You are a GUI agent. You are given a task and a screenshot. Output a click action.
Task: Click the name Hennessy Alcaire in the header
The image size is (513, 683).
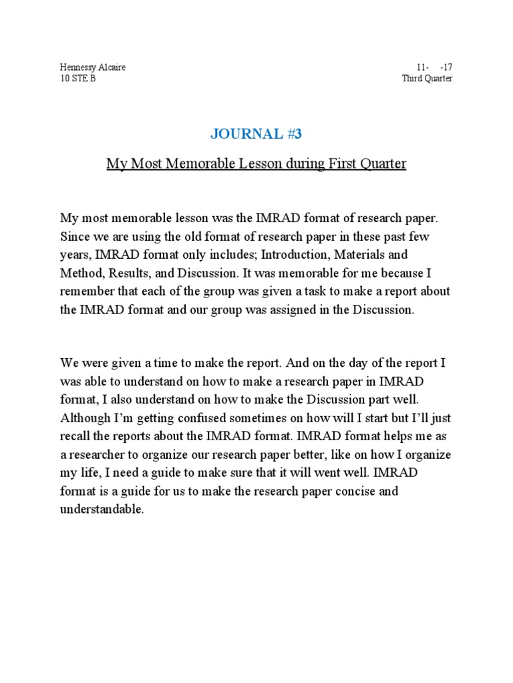click(x=93, y=67)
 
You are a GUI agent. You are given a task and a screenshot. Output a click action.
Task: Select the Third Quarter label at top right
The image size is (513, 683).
click(x=427, y=79)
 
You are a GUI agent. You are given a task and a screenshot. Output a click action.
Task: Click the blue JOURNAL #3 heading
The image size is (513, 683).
click(x=256, y=134)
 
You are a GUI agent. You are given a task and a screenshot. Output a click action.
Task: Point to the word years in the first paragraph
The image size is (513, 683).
click(x=75, y=255)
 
